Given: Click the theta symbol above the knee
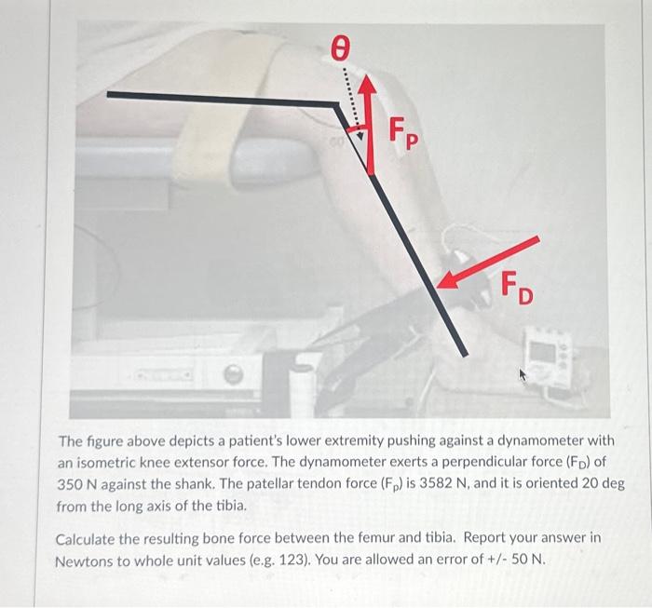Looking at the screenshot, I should [342, 48].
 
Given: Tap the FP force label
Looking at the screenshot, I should [401, 133].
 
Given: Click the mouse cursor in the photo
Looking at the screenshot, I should [523, 375].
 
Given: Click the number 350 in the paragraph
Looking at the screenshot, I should [74, 485].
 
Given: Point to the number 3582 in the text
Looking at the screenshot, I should [436, 485].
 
